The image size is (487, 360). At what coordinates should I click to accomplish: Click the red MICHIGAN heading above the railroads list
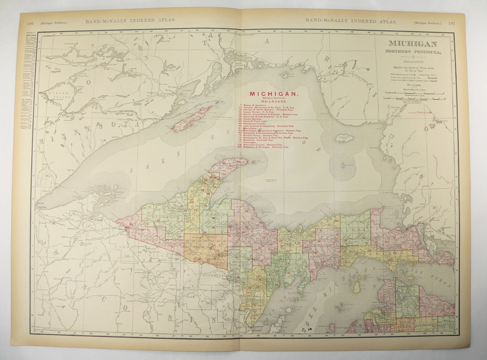coord(274,94)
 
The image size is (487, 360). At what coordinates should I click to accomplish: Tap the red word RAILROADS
coord(274,102)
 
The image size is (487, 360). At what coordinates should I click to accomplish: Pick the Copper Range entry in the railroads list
coord(257,111)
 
